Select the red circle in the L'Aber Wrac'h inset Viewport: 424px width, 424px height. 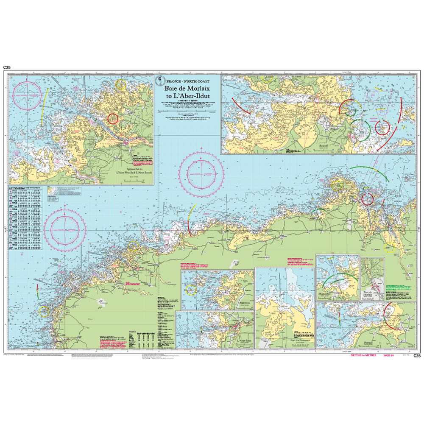click(113, 118)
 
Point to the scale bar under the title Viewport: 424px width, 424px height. click(187, 111)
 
